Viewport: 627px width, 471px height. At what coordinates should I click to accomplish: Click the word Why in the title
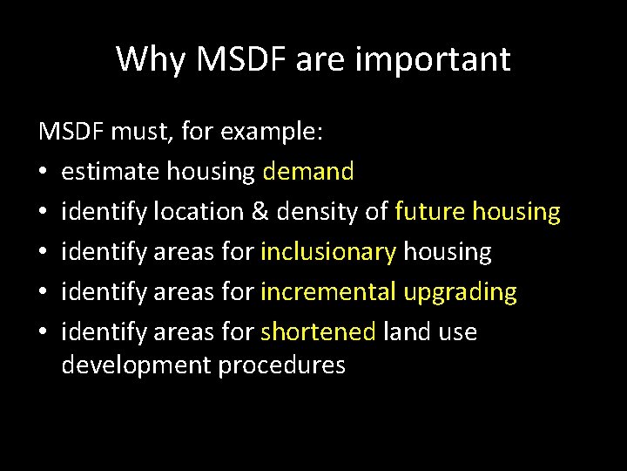pos(145,59)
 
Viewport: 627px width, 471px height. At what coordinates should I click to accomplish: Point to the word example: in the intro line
pos(273,133)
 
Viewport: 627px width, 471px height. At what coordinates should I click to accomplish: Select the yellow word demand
pos(307,172)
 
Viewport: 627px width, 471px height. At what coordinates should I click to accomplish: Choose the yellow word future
pos(429,212)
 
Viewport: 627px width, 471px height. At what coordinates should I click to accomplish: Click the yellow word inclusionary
pos(328,252)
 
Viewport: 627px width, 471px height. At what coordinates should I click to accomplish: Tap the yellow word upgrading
pos(460,292)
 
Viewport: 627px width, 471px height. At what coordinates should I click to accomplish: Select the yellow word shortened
pos(318,332)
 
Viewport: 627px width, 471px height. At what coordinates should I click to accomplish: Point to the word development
pos(136,365)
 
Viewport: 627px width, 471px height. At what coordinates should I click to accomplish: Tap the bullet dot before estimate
pos(44,173)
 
